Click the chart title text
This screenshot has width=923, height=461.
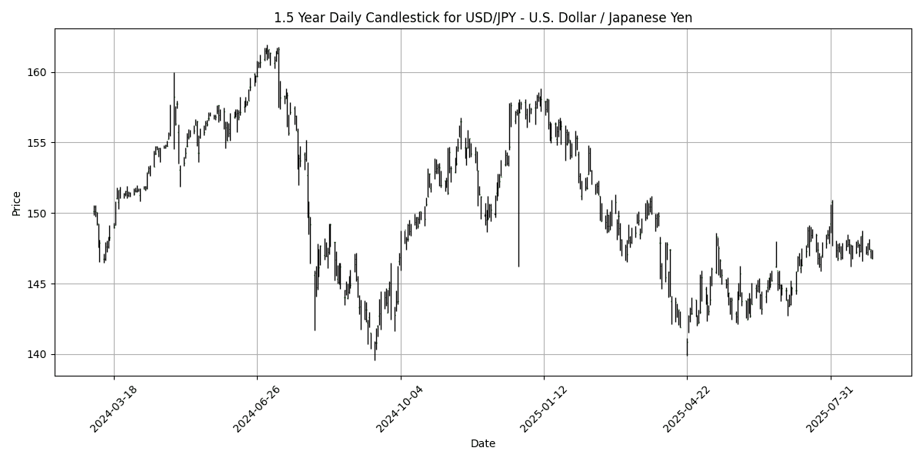pos(483,18)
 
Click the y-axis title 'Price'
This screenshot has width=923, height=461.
pos(16,203)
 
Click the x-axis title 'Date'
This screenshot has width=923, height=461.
pos(482,443)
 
